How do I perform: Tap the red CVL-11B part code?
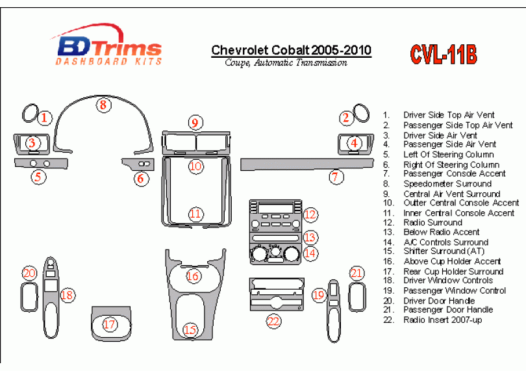tap(443, 55)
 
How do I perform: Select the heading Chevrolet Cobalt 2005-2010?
tap(291, 51)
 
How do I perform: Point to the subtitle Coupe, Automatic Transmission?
tap(286, 63)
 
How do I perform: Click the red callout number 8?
tap(103, 105)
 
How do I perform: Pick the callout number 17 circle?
tap(109, 324)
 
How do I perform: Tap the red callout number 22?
tap(274, 322)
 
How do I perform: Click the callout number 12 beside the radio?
tap(310, 214)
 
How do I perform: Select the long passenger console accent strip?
tap(307, 164)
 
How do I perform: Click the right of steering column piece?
tap(138, 164)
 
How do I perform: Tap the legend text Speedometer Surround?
tap(447, 184)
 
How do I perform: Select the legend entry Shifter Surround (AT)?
tap(444, 251)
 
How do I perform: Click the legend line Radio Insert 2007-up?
tap(442, 320)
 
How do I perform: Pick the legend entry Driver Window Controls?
tap(448, 280)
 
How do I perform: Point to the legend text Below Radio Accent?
tap(442, 232)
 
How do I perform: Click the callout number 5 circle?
tap(38, 177)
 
